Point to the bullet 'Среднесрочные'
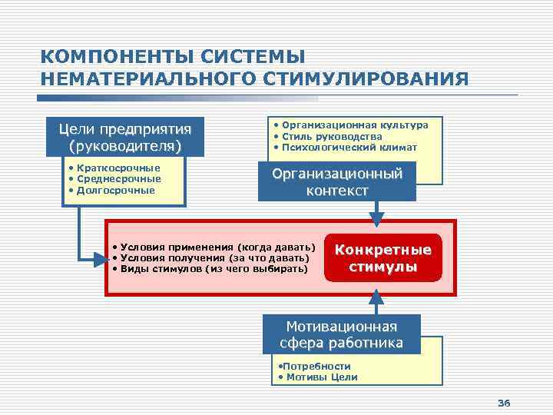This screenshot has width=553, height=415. coord(114,178)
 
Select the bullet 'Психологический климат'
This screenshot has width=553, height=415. coord(345,147)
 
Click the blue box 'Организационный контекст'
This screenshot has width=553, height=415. coord(336,182)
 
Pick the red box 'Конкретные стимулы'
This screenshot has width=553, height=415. coord(383,259)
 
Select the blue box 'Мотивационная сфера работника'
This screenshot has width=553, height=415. coord(341,334)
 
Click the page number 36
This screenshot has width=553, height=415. coord(504,403)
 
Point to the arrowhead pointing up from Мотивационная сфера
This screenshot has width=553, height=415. coord(376,292)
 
